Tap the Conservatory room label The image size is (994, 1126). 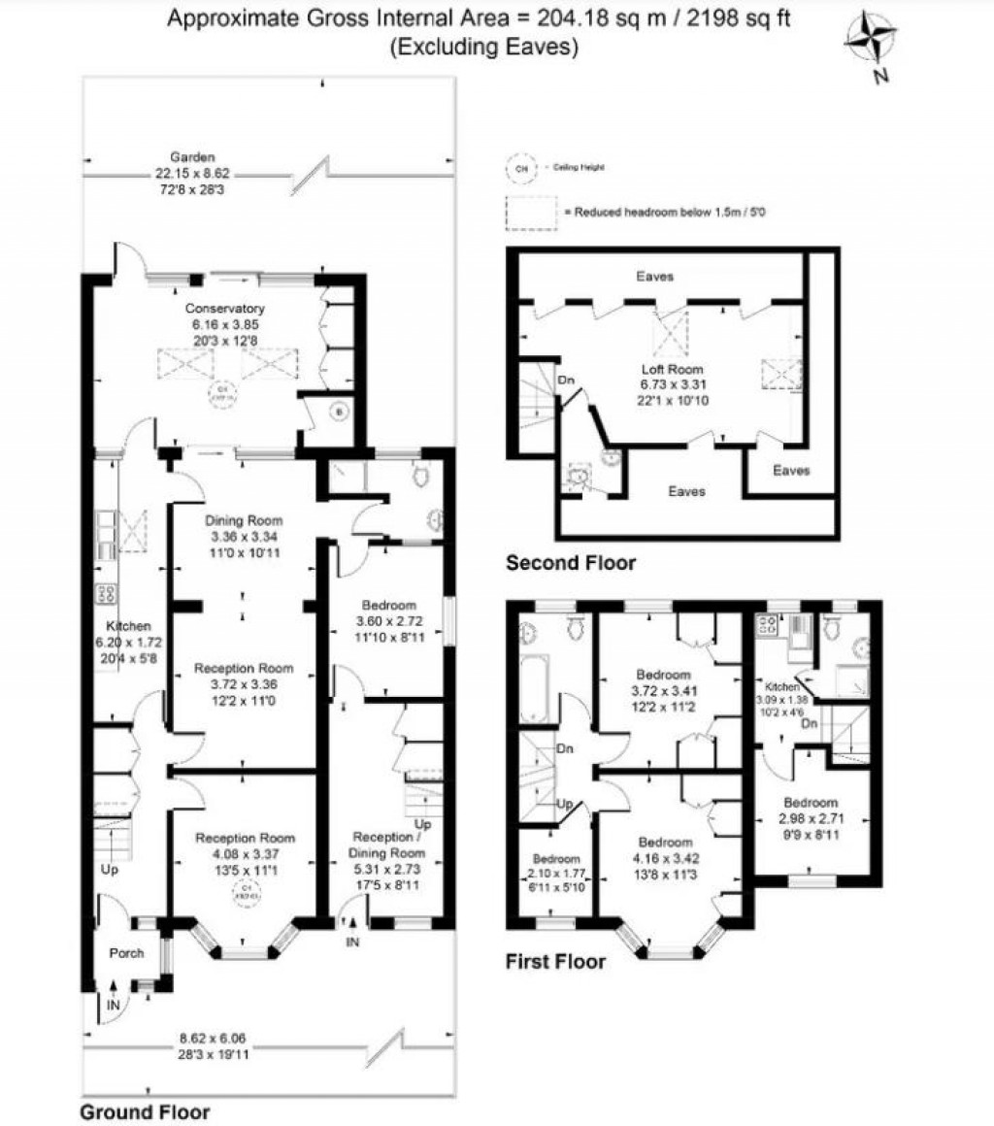[224, 311]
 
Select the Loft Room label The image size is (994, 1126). [671, 370]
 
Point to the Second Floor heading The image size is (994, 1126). [571, 563]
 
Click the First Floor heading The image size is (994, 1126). [555, 962]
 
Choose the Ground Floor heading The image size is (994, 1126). [144, 1111]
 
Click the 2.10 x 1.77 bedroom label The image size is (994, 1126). [555, 860]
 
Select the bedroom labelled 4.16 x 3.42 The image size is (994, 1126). [665, 842]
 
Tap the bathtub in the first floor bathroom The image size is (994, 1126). [535, 686]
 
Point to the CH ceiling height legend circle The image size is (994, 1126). [521, 168]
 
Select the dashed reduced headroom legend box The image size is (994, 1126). [532, 211]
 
